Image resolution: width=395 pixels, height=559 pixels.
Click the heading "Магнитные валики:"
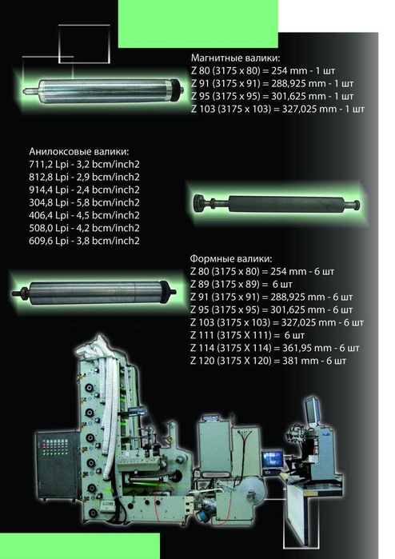coord(235,58)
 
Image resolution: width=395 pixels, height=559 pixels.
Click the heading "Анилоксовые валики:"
coord(79,151)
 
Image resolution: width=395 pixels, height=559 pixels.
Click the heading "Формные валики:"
coord(230,258)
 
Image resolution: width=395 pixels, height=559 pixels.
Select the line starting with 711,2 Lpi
coord(84,165)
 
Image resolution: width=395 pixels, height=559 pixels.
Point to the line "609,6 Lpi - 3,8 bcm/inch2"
coord(84,241)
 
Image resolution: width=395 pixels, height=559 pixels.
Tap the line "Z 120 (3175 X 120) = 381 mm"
coord(268,361)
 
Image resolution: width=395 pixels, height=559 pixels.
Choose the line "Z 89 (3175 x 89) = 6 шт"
coord(241,284)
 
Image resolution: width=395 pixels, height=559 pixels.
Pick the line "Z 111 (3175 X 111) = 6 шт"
coord(247,335)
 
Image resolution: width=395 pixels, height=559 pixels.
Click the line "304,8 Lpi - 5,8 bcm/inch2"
coord(84,202)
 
